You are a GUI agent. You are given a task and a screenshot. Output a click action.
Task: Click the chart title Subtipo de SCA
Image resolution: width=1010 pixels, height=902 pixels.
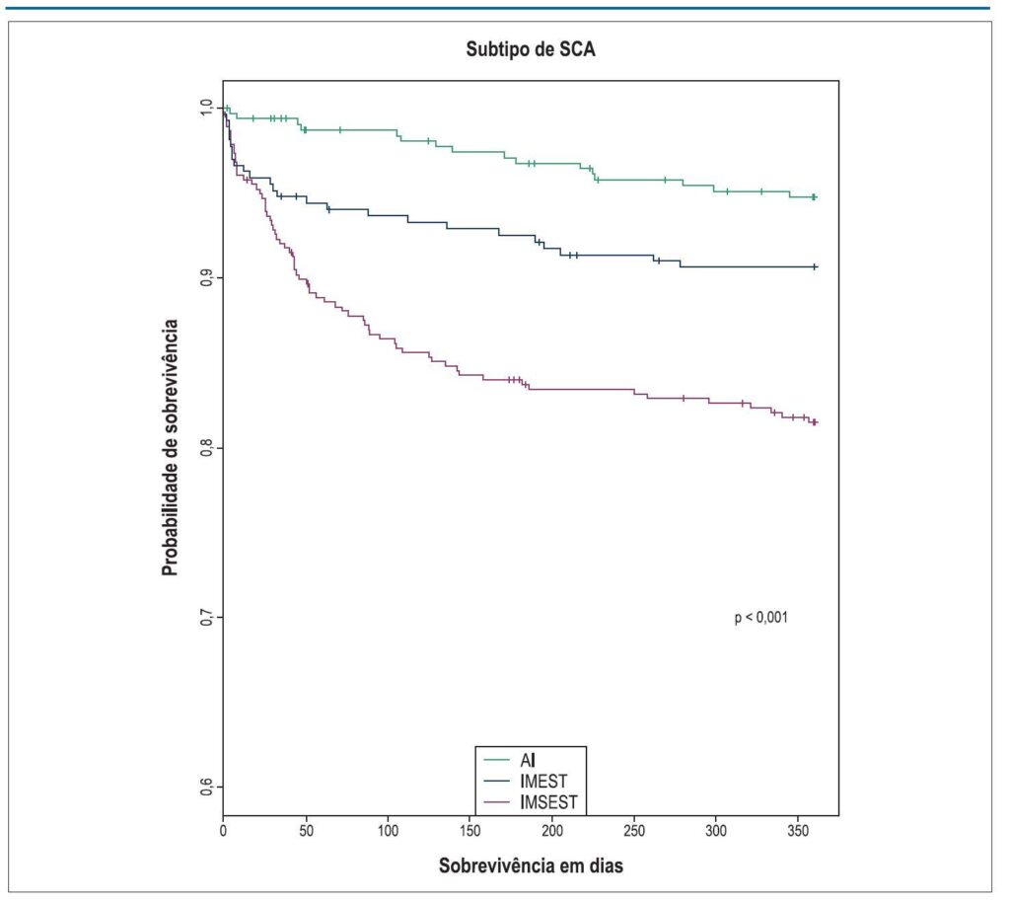click(531, 49)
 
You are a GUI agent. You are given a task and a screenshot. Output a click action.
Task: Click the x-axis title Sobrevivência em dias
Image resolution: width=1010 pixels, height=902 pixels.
click(531, 865)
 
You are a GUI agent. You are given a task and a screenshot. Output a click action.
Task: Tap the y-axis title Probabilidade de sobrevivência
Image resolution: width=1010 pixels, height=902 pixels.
click(170, 448)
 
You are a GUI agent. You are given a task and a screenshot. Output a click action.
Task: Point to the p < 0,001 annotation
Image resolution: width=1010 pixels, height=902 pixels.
click(760, 617)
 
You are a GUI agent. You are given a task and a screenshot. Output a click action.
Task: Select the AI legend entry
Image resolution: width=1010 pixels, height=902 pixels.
click(528, 761)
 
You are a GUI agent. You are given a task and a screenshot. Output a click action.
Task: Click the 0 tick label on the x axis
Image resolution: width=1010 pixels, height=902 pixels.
click(223, 831)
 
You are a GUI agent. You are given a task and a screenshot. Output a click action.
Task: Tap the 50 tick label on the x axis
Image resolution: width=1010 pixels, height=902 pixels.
click(306, 831)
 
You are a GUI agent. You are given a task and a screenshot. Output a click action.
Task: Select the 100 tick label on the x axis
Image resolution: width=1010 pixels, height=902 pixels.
click(388, 831)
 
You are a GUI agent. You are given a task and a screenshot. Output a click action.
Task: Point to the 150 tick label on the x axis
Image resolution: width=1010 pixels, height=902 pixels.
click(470, 831)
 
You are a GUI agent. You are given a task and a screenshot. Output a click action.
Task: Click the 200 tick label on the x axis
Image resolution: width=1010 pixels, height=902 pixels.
click(552, 831)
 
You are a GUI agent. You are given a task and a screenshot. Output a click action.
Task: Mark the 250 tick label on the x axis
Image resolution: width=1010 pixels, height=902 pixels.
click(634, 831)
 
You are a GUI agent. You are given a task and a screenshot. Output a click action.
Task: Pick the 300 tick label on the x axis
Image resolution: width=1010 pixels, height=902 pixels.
click(716, 831)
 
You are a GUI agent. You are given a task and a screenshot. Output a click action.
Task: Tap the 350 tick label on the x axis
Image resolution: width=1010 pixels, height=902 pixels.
click(798, 831)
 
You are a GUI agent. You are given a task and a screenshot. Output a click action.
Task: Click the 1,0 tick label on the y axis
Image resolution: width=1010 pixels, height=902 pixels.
click(206, 108)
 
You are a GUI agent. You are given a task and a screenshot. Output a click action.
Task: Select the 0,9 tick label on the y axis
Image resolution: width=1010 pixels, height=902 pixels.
click(206, 277)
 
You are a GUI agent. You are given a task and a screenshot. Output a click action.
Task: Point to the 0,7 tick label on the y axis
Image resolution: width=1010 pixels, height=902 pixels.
click(206, 617)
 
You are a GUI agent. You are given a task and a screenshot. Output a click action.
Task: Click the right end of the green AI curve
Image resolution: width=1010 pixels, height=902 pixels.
click(815, 197)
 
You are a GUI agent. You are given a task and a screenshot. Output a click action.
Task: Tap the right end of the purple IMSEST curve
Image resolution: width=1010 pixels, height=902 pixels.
click(816, 422)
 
